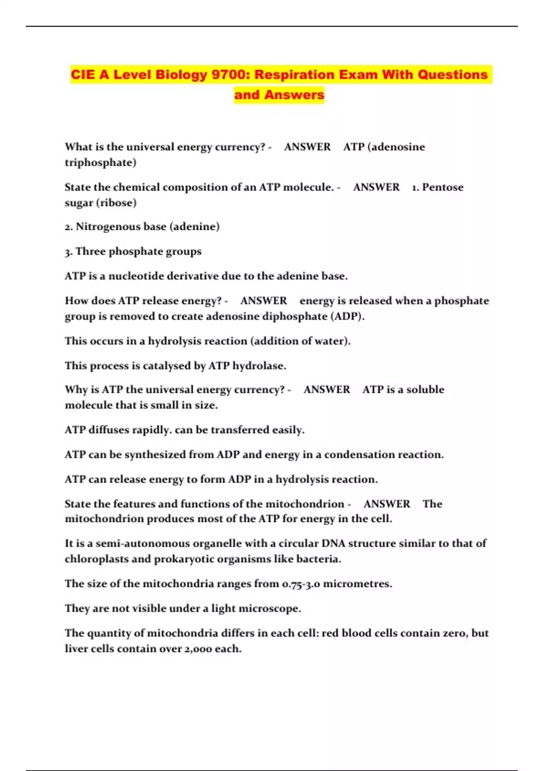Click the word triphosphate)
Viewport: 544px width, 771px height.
pos(100,162)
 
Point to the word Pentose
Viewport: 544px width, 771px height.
pos(442,187)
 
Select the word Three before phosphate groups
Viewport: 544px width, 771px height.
pos(90,251)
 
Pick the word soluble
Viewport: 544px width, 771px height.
pos(425,390)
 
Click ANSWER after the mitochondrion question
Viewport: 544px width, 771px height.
pos(387,504)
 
